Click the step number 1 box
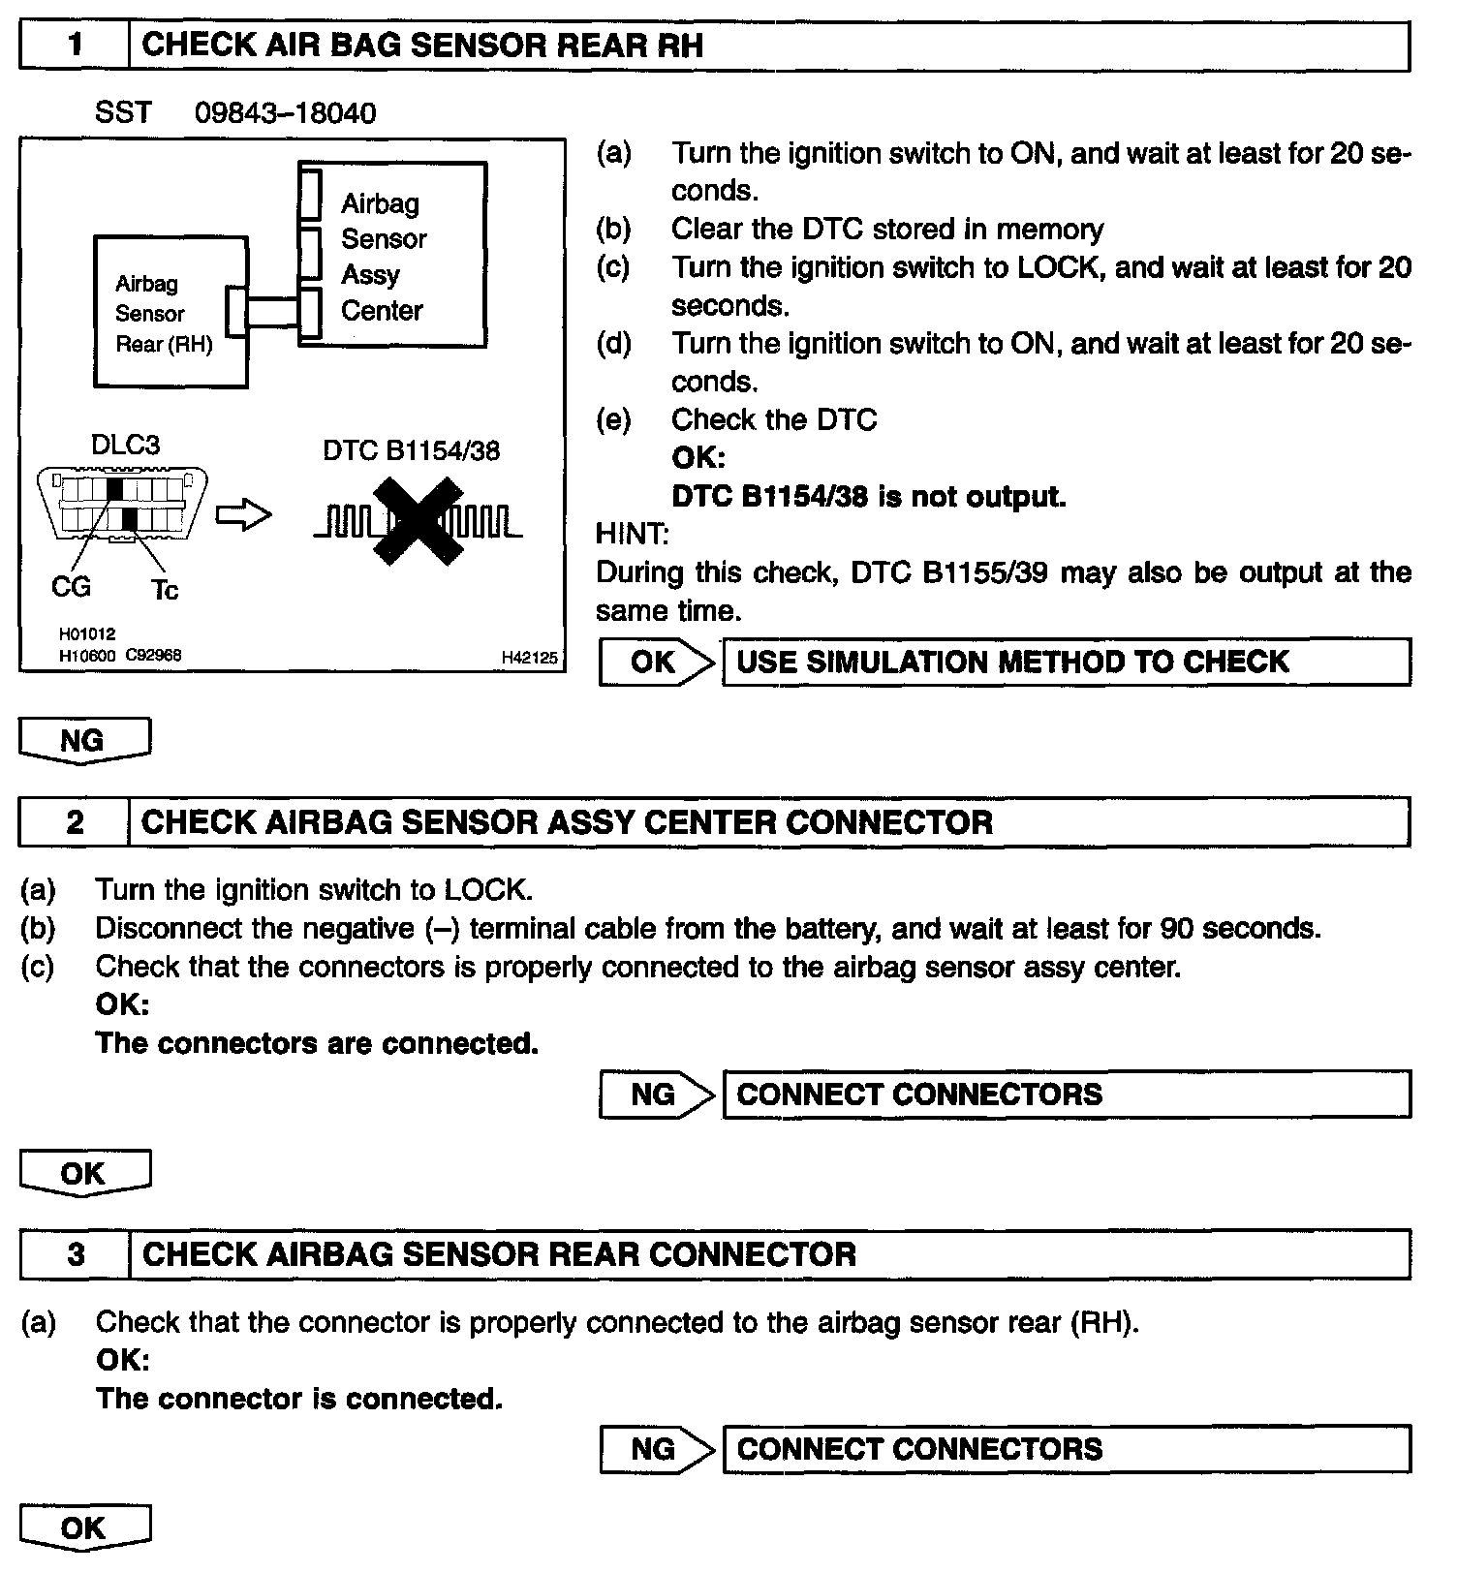pos(75,46)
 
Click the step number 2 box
pos(75,822)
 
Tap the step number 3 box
pos(76,1254)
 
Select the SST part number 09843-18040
pos(285,113)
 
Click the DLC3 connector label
pos(125,445)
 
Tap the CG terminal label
pos(71,586)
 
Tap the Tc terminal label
pos(165,589)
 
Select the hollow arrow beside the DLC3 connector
pos(242,516)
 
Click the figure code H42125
pos(529,658)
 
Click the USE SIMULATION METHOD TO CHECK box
pos(1066,662)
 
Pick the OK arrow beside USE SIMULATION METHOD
pos(656,662)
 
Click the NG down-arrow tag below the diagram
pos(84,741)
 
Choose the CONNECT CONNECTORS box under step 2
pos(1066,1095)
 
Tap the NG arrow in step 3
pos(656,1449)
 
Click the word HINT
pos(632,534)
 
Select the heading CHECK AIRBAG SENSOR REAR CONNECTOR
pos(499,1254)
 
